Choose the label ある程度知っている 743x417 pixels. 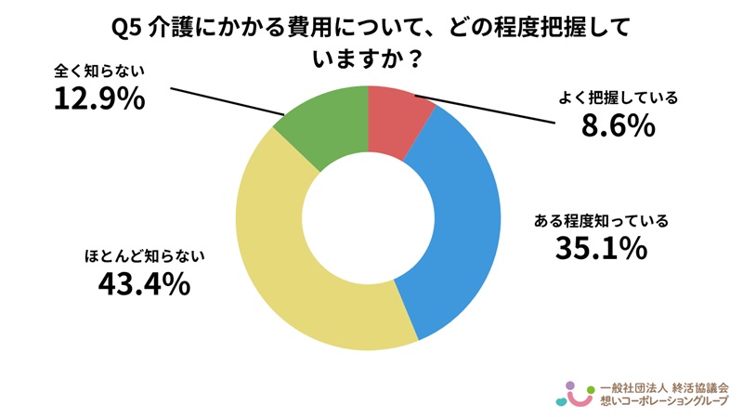[601, 221]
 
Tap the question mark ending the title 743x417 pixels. [417, 58]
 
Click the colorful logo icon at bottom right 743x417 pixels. [574, 394]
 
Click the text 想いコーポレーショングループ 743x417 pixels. [664, 401]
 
